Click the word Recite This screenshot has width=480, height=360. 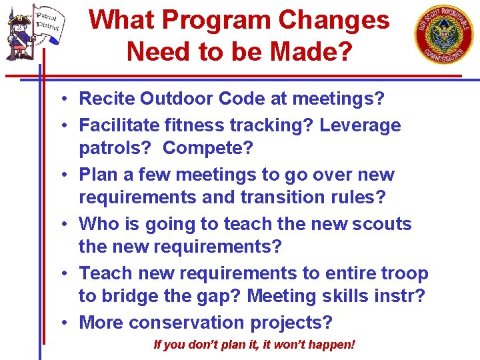click(107, 99)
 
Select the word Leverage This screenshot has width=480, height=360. click(360, 125)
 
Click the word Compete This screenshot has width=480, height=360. click(207, 149)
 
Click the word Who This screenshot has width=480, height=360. click(98, 223)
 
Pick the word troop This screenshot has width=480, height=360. click(401, 273)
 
